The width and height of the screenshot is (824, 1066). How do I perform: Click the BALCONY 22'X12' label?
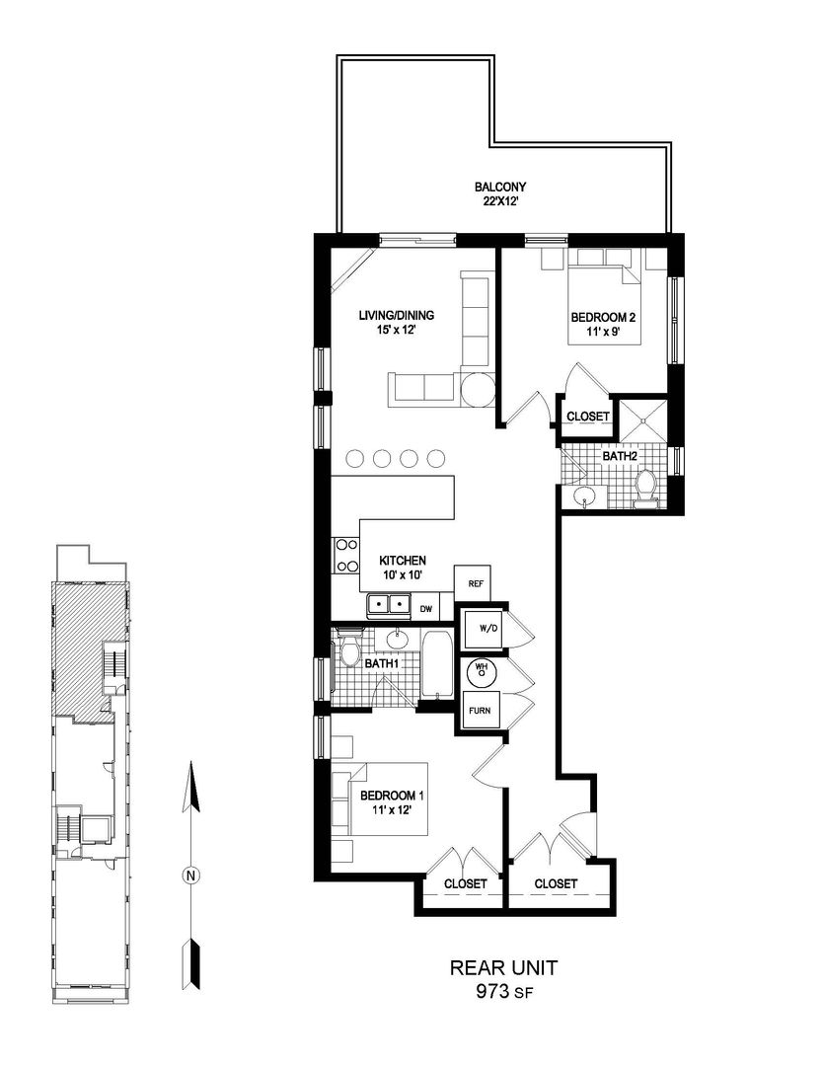pyautogui.click(x=499, y=193)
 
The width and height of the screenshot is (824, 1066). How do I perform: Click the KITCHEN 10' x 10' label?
pyautogui.click(x=403, y=567)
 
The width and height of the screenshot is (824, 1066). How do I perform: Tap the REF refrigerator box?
pyautogui.click(x=476, y=583)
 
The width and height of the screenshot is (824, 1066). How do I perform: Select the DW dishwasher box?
pyautogui.click(x=426, y=608)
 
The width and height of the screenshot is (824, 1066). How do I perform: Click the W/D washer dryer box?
pyautogui.click(x=484, y=628)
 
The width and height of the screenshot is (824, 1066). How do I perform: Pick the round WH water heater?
pyautogui.click(x=482, y=672)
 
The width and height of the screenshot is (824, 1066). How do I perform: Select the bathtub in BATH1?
pyautogui.click(x=436, y=663)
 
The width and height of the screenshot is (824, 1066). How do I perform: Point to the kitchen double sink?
pyautogui.click(x=389, y=604)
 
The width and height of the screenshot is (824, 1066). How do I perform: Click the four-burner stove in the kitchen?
pyautogui.click(x=345, y=555)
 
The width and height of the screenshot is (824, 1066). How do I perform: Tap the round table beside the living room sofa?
pyautogui.click(x=476, y=390)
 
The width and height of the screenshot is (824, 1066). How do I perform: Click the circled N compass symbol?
pyautogui.click(x=191, y=875)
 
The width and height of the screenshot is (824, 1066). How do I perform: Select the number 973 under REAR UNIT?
pyautogui.click(x=493, y=991)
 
